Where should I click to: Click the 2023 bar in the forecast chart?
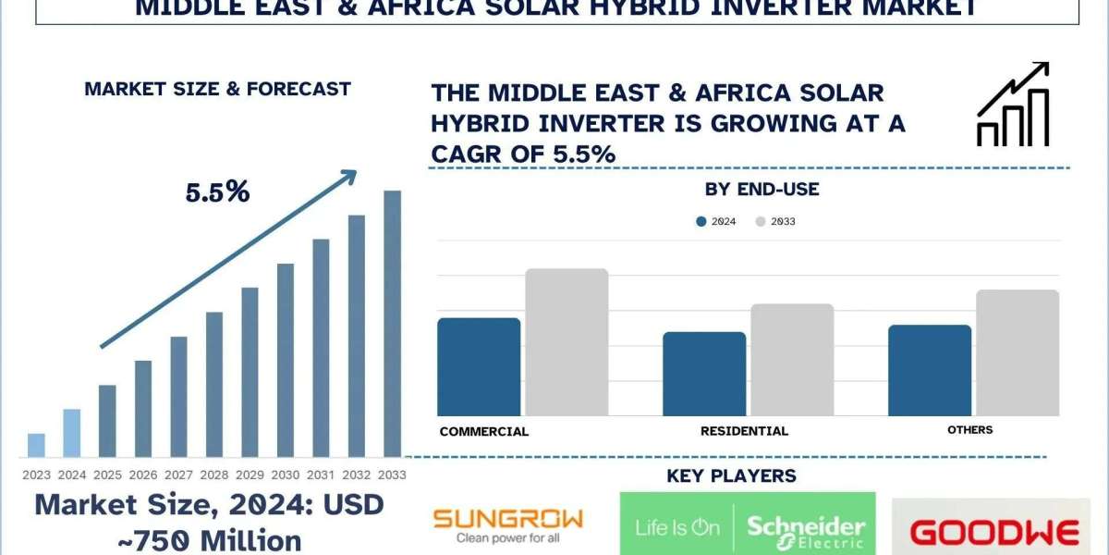(36, 445)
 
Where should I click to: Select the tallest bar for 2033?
(393, 324)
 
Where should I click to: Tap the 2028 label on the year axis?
(213, 474)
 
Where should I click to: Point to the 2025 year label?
(106, 474)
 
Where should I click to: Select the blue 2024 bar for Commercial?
(479, 366)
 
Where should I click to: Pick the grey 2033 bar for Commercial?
(567, 342)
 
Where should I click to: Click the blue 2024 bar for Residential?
(704, 374)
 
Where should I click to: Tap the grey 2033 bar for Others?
(1018, 352)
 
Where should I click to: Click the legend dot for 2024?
(701, 222)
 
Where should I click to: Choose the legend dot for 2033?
(761, 222)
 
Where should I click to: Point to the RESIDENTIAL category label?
(744, 431)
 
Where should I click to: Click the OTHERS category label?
(969, 430)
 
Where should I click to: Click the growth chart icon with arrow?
(1012, 105)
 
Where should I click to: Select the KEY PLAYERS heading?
(731, 476)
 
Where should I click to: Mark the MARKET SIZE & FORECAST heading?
(217, 90)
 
